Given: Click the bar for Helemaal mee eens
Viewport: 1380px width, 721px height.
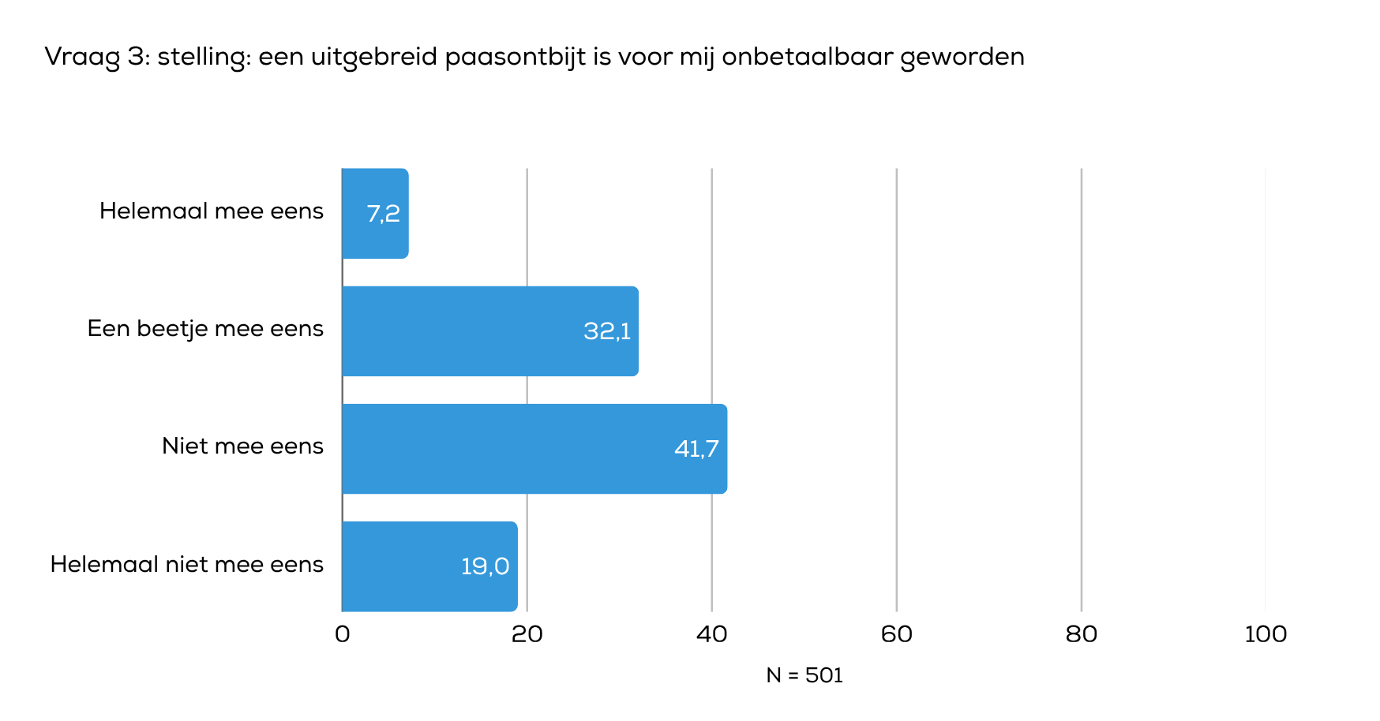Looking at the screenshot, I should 374,213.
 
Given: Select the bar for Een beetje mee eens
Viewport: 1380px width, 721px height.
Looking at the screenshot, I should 489,331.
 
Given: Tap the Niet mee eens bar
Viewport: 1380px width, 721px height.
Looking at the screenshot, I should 534,449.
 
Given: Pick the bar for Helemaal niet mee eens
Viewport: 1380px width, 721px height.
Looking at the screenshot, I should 429,566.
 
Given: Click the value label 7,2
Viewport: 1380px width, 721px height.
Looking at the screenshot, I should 383,214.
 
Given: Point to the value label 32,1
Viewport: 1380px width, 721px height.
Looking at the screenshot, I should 607,331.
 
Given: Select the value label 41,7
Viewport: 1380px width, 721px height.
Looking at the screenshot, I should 696,450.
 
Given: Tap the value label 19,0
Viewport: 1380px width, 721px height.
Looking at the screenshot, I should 485,566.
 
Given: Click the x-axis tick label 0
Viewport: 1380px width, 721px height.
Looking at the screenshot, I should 342,634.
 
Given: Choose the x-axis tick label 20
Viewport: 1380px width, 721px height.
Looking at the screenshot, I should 527,634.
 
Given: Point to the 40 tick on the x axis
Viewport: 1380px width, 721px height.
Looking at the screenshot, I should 711,634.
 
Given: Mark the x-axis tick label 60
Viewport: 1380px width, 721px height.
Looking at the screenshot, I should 896,634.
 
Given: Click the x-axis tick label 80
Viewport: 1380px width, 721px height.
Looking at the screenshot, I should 1081,634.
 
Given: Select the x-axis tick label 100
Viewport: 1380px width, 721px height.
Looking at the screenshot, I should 1265,634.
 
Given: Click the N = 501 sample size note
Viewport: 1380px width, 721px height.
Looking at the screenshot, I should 804,675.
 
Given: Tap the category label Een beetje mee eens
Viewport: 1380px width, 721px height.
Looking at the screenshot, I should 205,328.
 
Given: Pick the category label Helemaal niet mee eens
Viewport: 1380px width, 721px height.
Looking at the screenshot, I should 187,564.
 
